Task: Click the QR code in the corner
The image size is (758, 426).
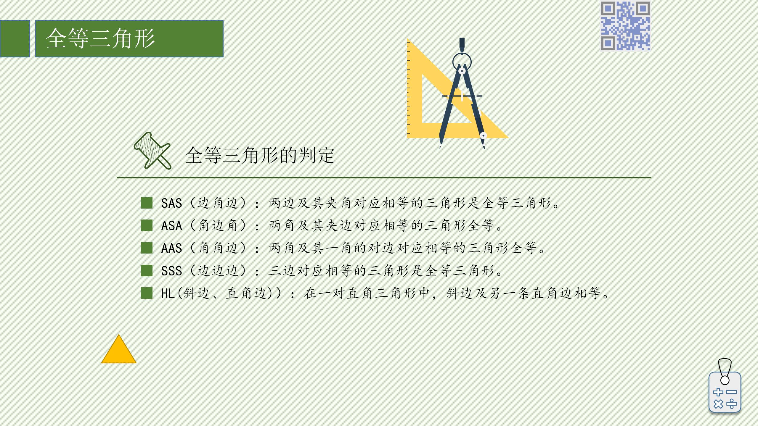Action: (x=625, y=26)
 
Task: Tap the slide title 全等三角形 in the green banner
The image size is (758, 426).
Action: (x=100, y=38)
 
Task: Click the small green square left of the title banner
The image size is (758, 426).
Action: (x=15, y=39)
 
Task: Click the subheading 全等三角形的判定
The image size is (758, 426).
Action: (x=260, y=155)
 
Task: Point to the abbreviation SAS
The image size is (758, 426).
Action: (x=171, y=203)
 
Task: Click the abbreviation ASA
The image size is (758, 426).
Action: (x=171, y=226)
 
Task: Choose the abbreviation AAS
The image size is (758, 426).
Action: (x=171, y=248)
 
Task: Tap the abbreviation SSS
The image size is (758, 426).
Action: (x=171, y=271)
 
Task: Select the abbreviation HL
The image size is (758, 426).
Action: (x=168, y=293)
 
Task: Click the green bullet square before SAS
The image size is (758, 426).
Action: (x=147, y=203)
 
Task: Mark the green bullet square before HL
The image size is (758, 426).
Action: (x=147, y=293)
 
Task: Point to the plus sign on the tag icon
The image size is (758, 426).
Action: (x=718, y=392)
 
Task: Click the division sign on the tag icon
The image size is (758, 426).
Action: (x=732, y=404)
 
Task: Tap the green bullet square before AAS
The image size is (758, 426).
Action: (x=147, y=248)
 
